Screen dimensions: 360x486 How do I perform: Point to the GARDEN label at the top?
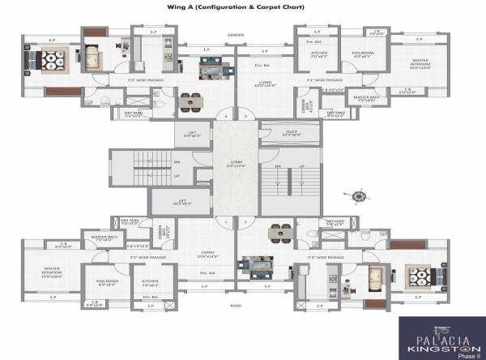pos(236,35)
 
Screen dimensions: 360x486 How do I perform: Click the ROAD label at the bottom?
pos(236,306)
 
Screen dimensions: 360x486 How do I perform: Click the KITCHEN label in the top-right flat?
pos(318,54)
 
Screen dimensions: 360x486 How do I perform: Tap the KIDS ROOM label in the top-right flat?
pos(360,54)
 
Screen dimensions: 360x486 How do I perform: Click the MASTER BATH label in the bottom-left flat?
pos(103,238)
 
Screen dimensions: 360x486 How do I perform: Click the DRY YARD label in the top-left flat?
pos(133,114)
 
